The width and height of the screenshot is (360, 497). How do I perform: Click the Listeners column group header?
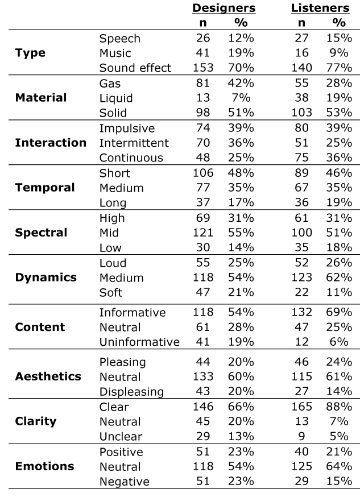[320, 8]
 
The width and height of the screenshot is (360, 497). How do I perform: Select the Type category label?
[31, 53]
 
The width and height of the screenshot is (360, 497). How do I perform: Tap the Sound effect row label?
[135, 68]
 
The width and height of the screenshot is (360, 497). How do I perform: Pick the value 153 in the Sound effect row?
[203, 68]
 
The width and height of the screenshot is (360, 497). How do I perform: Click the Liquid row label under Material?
[115, 98]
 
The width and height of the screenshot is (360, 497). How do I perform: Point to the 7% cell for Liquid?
[245, 98]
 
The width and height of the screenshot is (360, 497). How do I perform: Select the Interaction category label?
[51, 143]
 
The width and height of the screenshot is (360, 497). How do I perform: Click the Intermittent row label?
[134, 143]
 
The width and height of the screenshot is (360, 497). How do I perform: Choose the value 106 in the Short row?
[203, 173]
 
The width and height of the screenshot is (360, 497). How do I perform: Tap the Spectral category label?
[42, 233]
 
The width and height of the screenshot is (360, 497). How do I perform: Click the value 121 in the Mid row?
[203, 233]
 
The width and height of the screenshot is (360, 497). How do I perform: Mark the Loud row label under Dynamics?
[113, 263]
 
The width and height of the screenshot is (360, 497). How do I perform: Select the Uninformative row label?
[139, 342]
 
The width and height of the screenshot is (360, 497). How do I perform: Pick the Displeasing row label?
[131, 392]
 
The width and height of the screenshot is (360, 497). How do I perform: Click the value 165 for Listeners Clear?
[301, 407]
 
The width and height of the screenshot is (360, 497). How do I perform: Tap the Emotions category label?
[44, 466]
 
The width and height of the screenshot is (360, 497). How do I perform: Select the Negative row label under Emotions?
[124, 482]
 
